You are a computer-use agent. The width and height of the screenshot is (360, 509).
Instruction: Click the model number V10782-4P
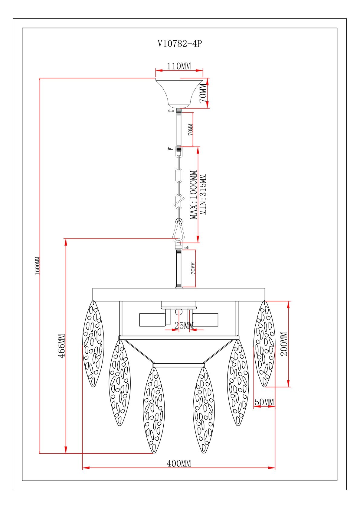click(x=180, y=44)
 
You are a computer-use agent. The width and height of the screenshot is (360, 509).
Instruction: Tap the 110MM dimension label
click(x=179, y=66)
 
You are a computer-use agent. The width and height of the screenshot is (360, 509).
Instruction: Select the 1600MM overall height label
click(x=38, y=266)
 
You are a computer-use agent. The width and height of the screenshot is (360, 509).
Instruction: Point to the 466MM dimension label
click(x=62, y=346)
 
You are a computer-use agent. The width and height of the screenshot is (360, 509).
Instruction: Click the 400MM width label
click(x=179, y=463)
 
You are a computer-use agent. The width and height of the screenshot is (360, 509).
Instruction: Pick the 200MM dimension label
click(x=284, y=344)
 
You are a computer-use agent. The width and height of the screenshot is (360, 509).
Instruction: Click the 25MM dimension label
click(x=184, y=326)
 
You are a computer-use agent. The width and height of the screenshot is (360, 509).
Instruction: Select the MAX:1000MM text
click(x=194, y=195)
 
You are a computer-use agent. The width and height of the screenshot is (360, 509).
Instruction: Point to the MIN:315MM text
click(x=203, y=194)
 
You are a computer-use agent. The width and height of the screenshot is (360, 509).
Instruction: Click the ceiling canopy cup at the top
click(x=179, y=93)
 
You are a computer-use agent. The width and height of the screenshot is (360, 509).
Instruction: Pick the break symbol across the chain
click(x=179, y=201)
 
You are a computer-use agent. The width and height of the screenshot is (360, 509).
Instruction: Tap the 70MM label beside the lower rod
click(x=193, y=268)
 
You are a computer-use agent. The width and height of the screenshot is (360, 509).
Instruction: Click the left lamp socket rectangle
click(x=153, y=320)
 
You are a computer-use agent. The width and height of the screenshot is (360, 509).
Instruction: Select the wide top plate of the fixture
click(x=179, y=294)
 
